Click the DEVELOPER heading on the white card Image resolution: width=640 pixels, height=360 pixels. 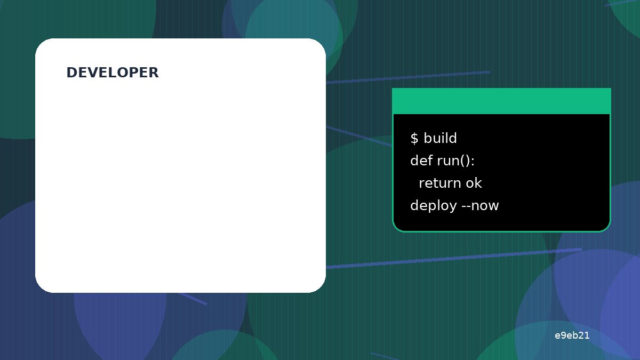click(x=113, y=73)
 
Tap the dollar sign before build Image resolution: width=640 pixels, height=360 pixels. click(x=414, y=138)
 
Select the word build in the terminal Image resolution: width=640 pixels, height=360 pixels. click(x=440, y=138)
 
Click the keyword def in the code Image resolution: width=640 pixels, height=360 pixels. click(x=421, y=161)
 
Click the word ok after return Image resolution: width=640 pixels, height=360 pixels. click(x=474, y=183)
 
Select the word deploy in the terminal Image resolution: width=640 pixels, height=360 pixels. click(x=434, y=206)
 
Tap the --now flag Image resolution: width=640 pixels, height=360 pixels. click(x=481, y=206)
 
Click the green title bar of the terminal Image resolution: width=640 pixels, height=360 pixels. click(x=501, y=101)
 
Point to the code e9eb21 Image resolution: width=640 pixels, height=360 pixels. click(x=572, y=335)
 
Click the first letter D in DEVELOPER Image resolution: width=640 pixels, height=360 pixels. click(x=71, y=73)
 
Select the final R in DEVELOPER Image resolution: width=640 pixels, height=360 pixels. click(x=154, y=73)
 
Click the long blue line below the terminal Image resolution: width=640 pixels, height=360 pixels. click(x=454, y=259)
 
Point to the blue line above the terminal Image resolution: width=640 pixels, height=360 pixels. click(x=408, y=77)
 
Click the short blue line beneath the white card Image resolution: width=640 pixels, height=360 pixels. click(x=193, y=299)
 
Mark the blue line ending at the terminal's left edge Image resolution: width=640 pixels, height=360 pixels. click(x=359, y=136)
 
